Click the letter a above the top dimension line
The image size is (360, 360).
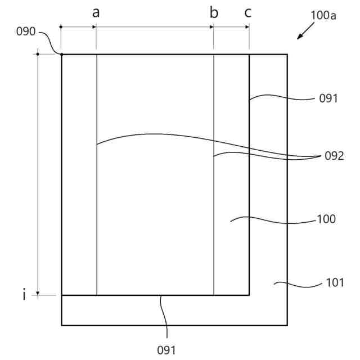coord(96,13)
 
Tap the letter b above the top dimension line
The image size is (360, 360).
coord(214,13)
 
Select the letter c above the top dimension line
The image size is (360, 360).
coord(248,13)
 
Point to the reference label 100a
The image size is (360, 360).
coord(323,15)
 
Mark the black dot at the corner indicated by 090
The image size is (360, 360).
coord(62,54)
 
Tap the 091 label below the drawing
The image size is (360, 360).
coord(166,349)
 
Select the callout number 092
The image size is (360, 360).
coord(334,156)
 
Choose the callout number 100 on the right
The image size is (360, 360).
coord(327,219)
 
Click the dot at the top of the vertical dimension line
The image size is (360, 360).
coord(38,54)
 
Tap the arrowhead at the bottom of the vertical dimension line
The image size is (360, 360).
coord(38,292)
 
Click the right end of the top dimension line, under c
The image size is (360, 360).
coord(249,26)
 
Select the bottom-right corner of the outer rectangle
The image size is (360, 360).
coord(287,325)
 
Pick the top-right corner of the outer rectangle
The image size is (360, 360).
coord(287,54)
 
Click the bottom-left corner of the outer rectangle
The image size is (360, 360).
coord(62,325)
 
